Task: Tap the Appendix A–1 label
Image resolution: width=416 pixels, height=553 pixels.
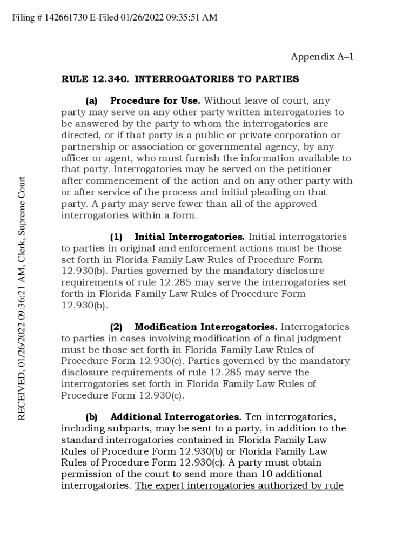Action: (322, 57)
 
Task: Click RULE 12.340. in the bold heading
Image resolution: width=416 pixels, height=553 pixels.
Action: (95, 79)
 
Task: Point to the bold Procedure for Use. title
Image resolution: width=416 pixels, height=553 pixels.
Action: (155, 101)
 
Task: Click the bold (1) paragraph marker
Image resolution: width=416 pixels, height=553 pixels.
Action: (116, 237)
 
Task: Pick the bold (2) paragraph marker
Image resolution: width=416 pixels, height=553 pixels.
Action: (116, 327)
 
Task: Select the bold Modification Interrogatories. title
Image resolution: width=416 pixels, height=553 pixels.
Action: (206, 327)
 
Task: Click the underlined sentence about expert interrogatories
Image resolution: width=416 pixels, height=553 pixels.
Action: (239, 485)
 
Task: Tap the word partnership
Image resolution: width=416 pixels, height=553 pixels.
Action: (88, 147)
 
